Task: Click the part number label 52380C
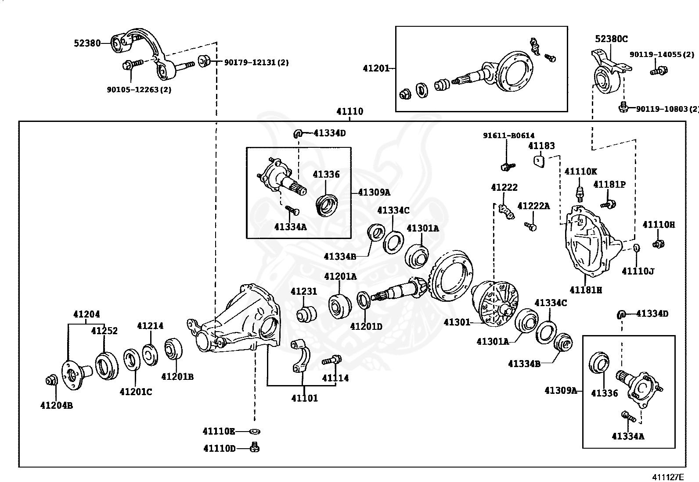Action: coord(611,39)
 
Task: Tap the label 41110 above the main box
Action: coord(349,111)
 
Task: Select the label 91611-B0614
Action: coord(508,136)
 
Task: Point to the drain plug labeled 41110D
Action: coord(255,447)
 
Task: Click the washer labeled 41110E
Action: coord(255,432)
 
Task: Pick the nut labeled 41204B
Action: coord(51,380)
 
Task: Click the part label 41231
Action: coord(304,291)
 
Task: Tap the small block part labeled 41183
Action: coord(539,161)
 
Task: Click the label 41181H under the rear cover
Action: coord(586,290)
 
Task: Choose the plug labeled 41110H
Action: coord(658,243)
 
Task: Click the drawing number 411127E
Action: coord(668,477)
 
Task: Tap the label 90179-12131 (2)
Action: coord(256,62)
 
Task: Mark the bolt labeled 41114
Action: coord(331,360)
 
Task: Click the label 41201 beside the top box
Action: coord(376,68)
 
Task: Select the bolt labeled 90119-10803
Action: coord(623,107)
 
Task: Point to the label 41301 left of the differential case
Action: coord(457,322)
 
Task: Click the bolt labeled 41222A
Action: coord(530,226)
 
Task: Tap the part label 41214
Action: coord(150,326)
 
